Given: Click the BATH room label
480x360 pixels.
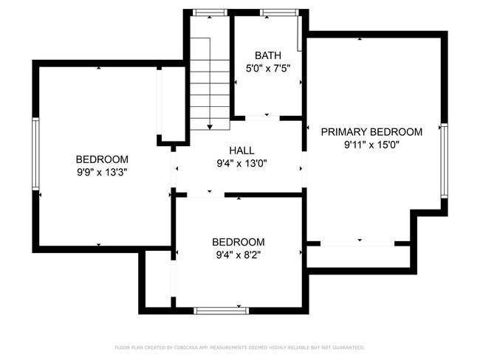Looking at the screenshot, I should tap(267, 56).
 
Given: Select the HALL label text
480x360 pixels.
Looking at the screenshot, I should tap(241, 150).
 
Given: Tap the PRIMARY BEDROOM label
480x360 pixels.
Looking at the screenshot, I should tap(371, 132).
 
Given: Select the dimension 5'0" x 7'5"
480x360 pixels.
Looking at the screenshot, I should tap(267, 69).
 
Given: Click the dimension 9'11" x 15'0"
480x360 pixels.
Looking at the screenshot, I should tap(371, 145).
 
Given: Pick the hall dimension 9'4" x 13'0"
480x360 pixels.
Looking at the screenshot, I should tap(241, 163).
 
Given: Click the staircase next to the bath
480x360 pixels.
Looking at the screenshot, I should tap(210, 85).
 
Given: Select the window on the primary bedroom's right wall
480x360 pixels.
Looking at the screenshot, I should tap(444, 161).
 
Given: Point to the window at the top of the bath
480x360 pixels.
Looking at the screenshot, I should tap(275, 13).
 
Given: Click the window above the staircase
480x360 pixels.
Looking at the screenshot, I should tap(209, 13).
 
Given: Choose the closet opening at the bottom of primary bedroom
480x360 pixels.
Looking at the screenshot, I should tap(357, 243).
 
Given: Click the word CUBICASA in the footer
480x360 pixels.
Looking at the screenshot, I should tap(189, 347).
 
